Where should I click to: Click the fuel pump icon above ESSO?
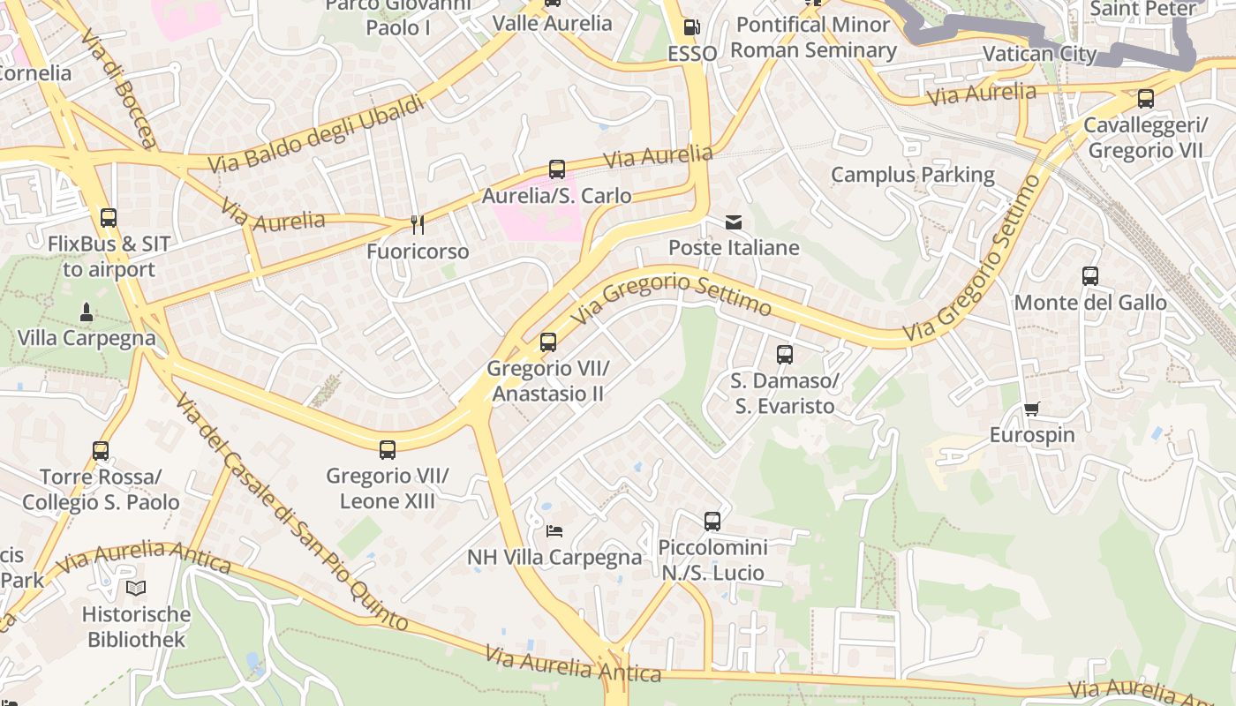[x=691, y=27]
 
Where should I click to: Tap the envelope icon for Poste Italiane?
[x=734, y=222]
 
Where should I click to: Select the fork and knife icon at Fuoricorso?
[x=418, y=225]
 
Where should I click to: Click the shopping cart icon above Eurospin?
[x=1031, y=409]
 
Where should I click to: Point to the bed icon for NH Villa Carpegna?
[x=554, y=530]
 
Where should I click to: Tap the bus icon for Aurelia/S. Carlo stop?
[x=556, y=169]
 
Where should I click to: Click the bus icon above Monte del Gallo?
[x=1090, y=276]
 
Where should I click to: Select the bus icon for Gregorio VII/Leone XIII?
[x=387, y=450]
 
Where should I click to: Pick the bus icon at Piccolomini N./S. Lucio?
[x=712, y=521]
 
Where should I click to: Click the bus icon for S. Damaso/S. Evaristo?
[x=784, y=355]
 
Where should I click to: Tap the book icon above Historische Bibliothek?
[x=136, y=588]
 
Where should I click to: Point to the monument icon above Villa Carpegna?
[x=87, y=312]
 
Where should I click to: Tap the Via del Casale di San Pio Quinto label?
[x=291, y=512]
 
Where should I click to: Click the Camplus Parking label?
[x=912, y=175]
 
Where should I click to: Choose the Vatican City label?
[x=1039, y=54]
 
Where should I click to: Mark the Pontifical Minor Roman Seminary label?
[x=813, y=37]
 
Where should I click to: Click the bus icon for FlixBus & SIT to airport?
[x=109, y=217]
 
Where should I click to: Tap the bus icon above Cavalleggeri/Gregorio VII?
[x=1145, y=99]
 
